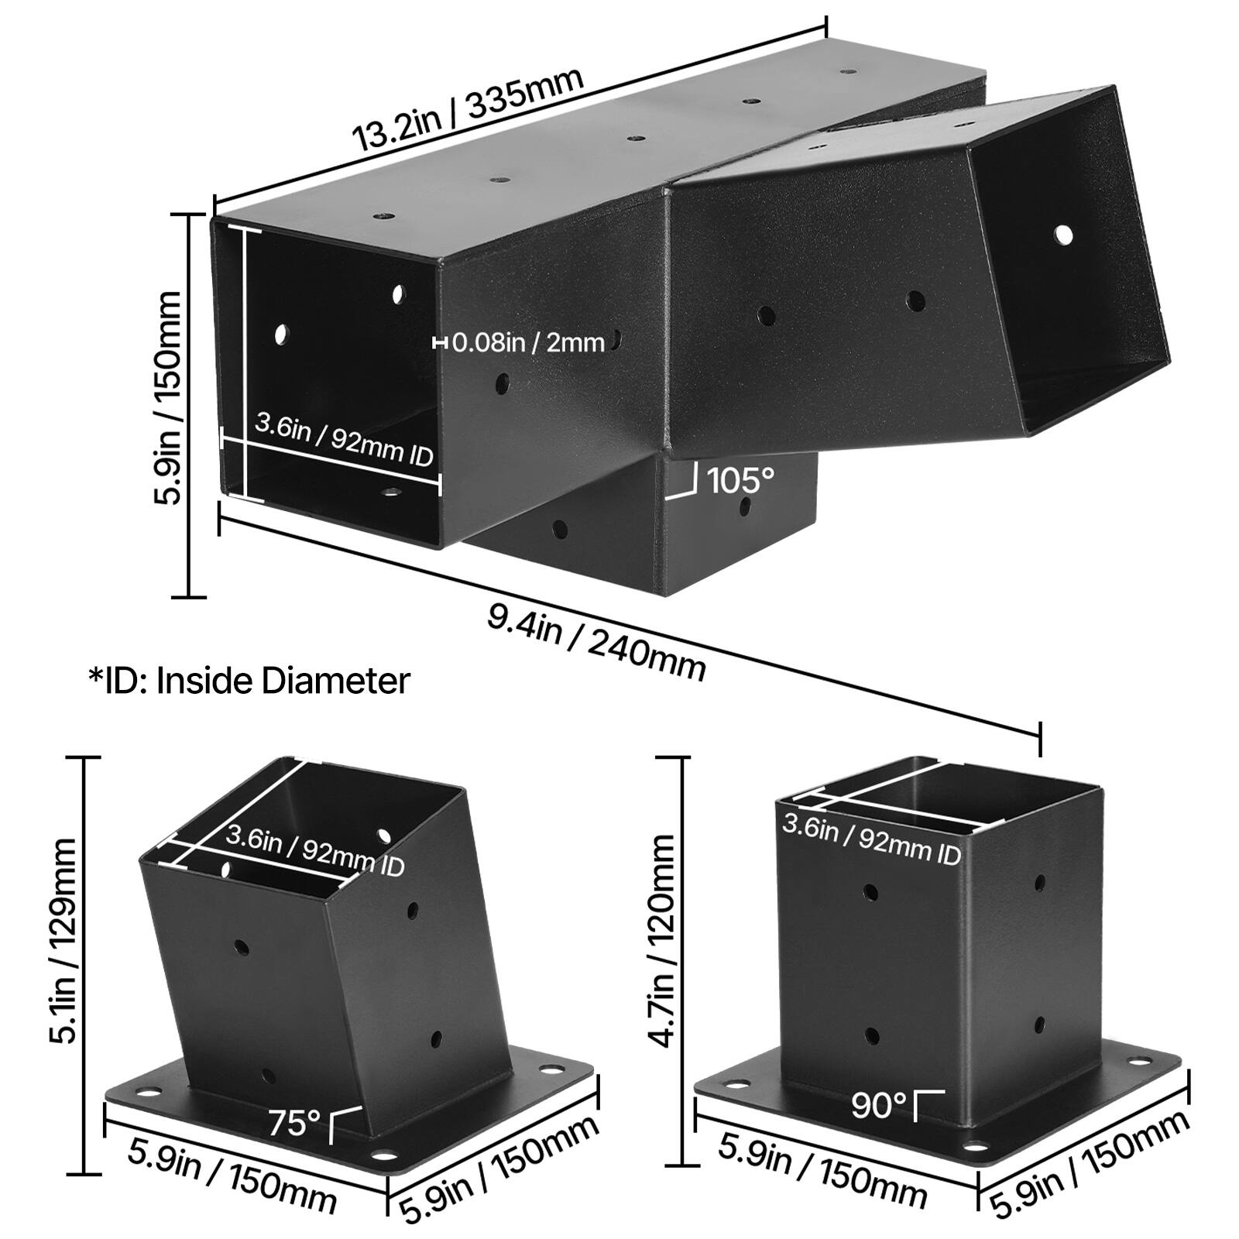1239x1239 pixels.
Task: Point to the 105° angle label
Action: click(740, 480)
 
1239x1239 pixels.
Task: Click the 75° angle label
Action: click(294, 1122)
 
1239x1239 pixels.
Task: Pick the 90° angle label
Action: click(879, 1106)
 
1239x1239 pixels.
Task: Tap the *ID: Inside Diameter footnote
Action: click(249, 681)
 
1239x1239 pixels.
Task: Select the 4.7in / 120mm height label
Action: click(664, 941)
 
